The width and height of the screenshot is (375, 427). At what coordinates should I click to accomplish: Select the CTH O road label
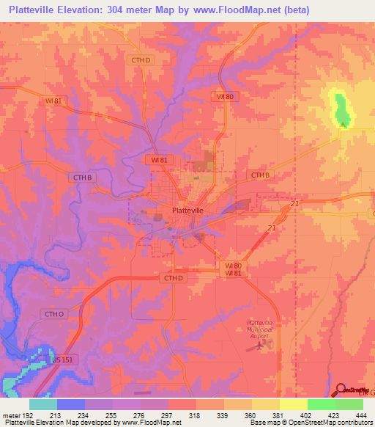[x=53, y=314]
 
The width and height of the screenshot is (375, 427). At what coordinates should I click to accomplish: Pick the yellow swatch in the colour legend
[x=293, y=404]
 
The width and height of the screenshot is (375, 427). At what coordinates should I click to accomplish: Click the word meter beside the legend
[x=11, y=415]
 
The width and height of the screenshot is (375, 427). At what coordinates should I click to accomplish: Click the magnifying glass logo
[x=341, y=390]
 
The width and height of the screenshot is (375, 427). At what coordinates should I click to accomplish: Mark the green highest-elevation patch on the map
[x=342, y=108]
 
